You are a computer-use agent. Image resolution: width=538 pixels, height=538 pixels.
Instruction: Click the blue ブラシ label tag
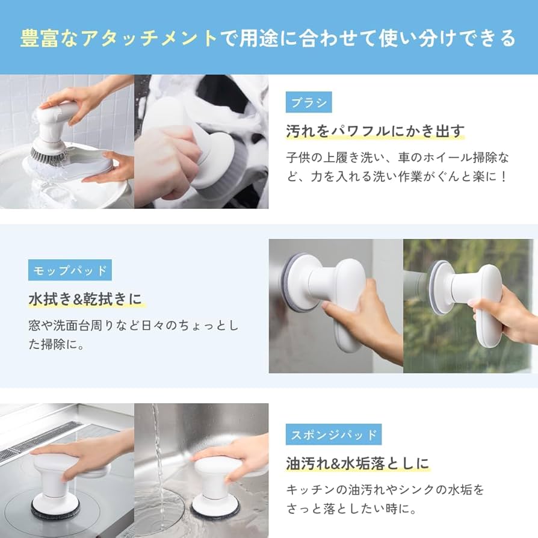[x=309, y=102]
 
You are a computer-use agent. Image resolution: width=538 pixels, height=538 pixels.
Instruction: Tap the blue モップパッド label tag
[x=70, y=270]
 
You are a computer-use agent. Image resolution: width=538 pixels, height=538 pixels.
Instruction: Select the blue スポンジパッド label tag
[x=333, y=434]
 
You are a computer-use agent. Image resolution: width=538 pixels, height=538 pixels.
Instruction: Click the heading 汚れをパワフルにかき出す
[x=376, y=131]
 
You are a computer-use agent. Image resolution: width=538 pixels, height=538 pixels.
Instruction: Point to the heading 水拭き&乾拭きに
[x=87, y=299]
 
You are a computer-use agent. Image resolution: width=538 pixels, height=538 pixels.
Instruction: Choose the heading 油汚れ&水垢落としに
[x=357, y=463]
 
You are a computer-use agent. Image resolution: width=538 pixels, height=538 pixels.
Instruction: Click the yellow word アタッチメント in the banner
[x=150, y=38]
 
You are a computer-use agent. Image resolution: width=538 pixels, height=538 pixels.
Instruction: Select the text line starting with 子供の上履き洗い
[x=397, y=158]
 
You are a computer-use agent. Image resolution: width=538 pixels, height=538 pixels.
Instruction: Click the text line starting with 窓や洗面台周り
[x=133, y=326]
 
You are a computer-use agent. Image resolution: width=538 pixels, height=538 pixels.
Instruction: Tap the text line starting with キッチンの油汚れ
[x=385, y=489]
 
